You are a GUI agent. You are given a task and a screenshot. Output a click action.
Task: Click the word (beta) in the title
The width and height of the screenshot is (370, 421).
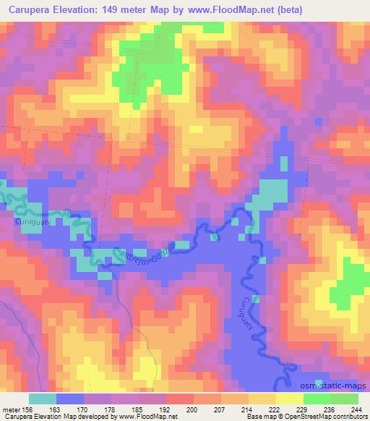click(285, 9)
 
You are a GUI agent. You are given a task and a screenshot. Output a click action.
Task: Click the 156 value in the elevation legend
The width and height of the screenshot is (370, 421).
click(29, 409)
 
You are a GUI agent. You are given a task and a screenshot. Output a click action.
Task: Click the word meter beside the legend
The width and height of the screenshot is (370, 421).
click(10, 409)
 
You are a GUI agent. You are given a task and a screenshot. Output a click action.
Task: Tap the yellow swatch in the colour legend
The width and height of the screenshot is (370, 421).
click(289, 398)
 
